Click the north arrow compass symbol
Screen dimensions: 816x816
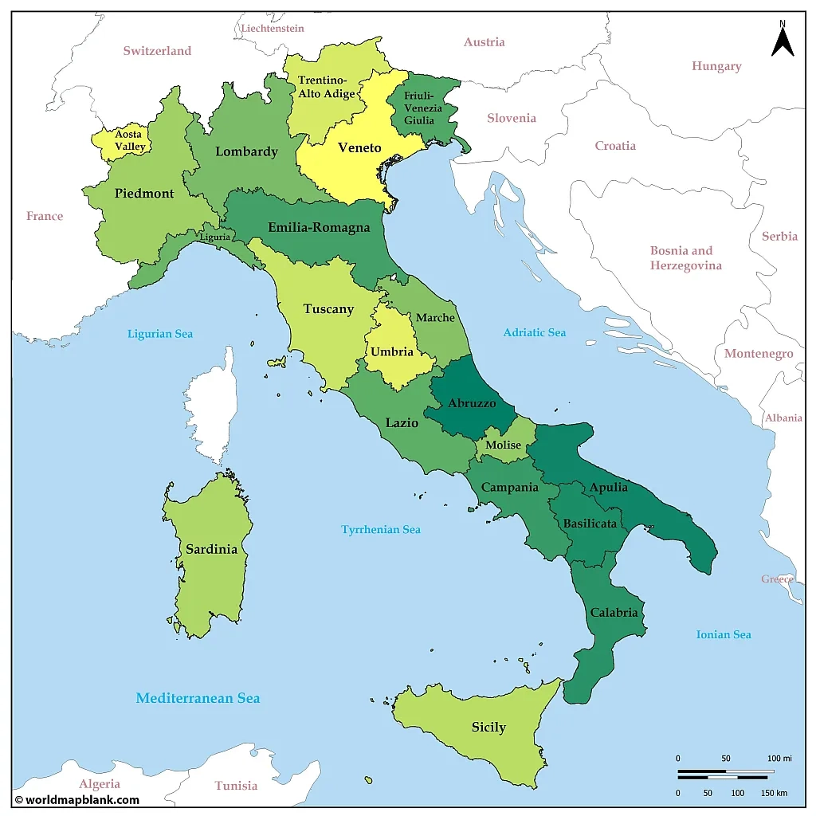tap(783, 40)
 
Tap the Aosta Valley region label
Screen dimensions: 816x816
tap(129, 140)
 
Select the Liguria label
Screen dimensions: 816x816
tap(215, 237)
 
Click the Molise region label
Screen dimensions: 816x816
tap(503, 445)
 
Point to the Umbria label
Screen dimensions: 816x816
tap(392, 351)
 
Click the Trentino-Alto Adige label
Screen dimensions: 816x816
tap(326, 87)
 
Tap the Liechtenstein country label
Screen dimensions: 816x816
tap(273, 28)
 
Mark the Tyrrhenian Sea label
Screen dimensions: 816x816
tap(380, 529)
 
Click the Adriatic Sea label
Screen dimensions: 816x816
tap(534, 332)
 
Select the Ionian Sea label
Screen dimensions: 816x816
tap(723, 634)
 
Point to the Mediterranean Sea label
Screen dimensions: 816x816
tap(198, 698)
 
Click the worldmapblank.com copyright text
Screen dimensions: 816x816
tap(76, 799)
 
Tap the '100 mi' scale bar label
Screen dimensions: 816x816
tap(779, 758)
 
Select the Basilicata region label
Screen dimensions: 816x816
tap(590, 524)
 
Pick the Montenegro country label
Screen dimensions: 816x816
tap(758, 353)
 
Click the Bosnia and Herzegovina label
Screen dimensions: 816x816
tap(685, 258)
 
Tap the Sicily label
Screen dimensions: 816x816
tap(488, 727)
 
